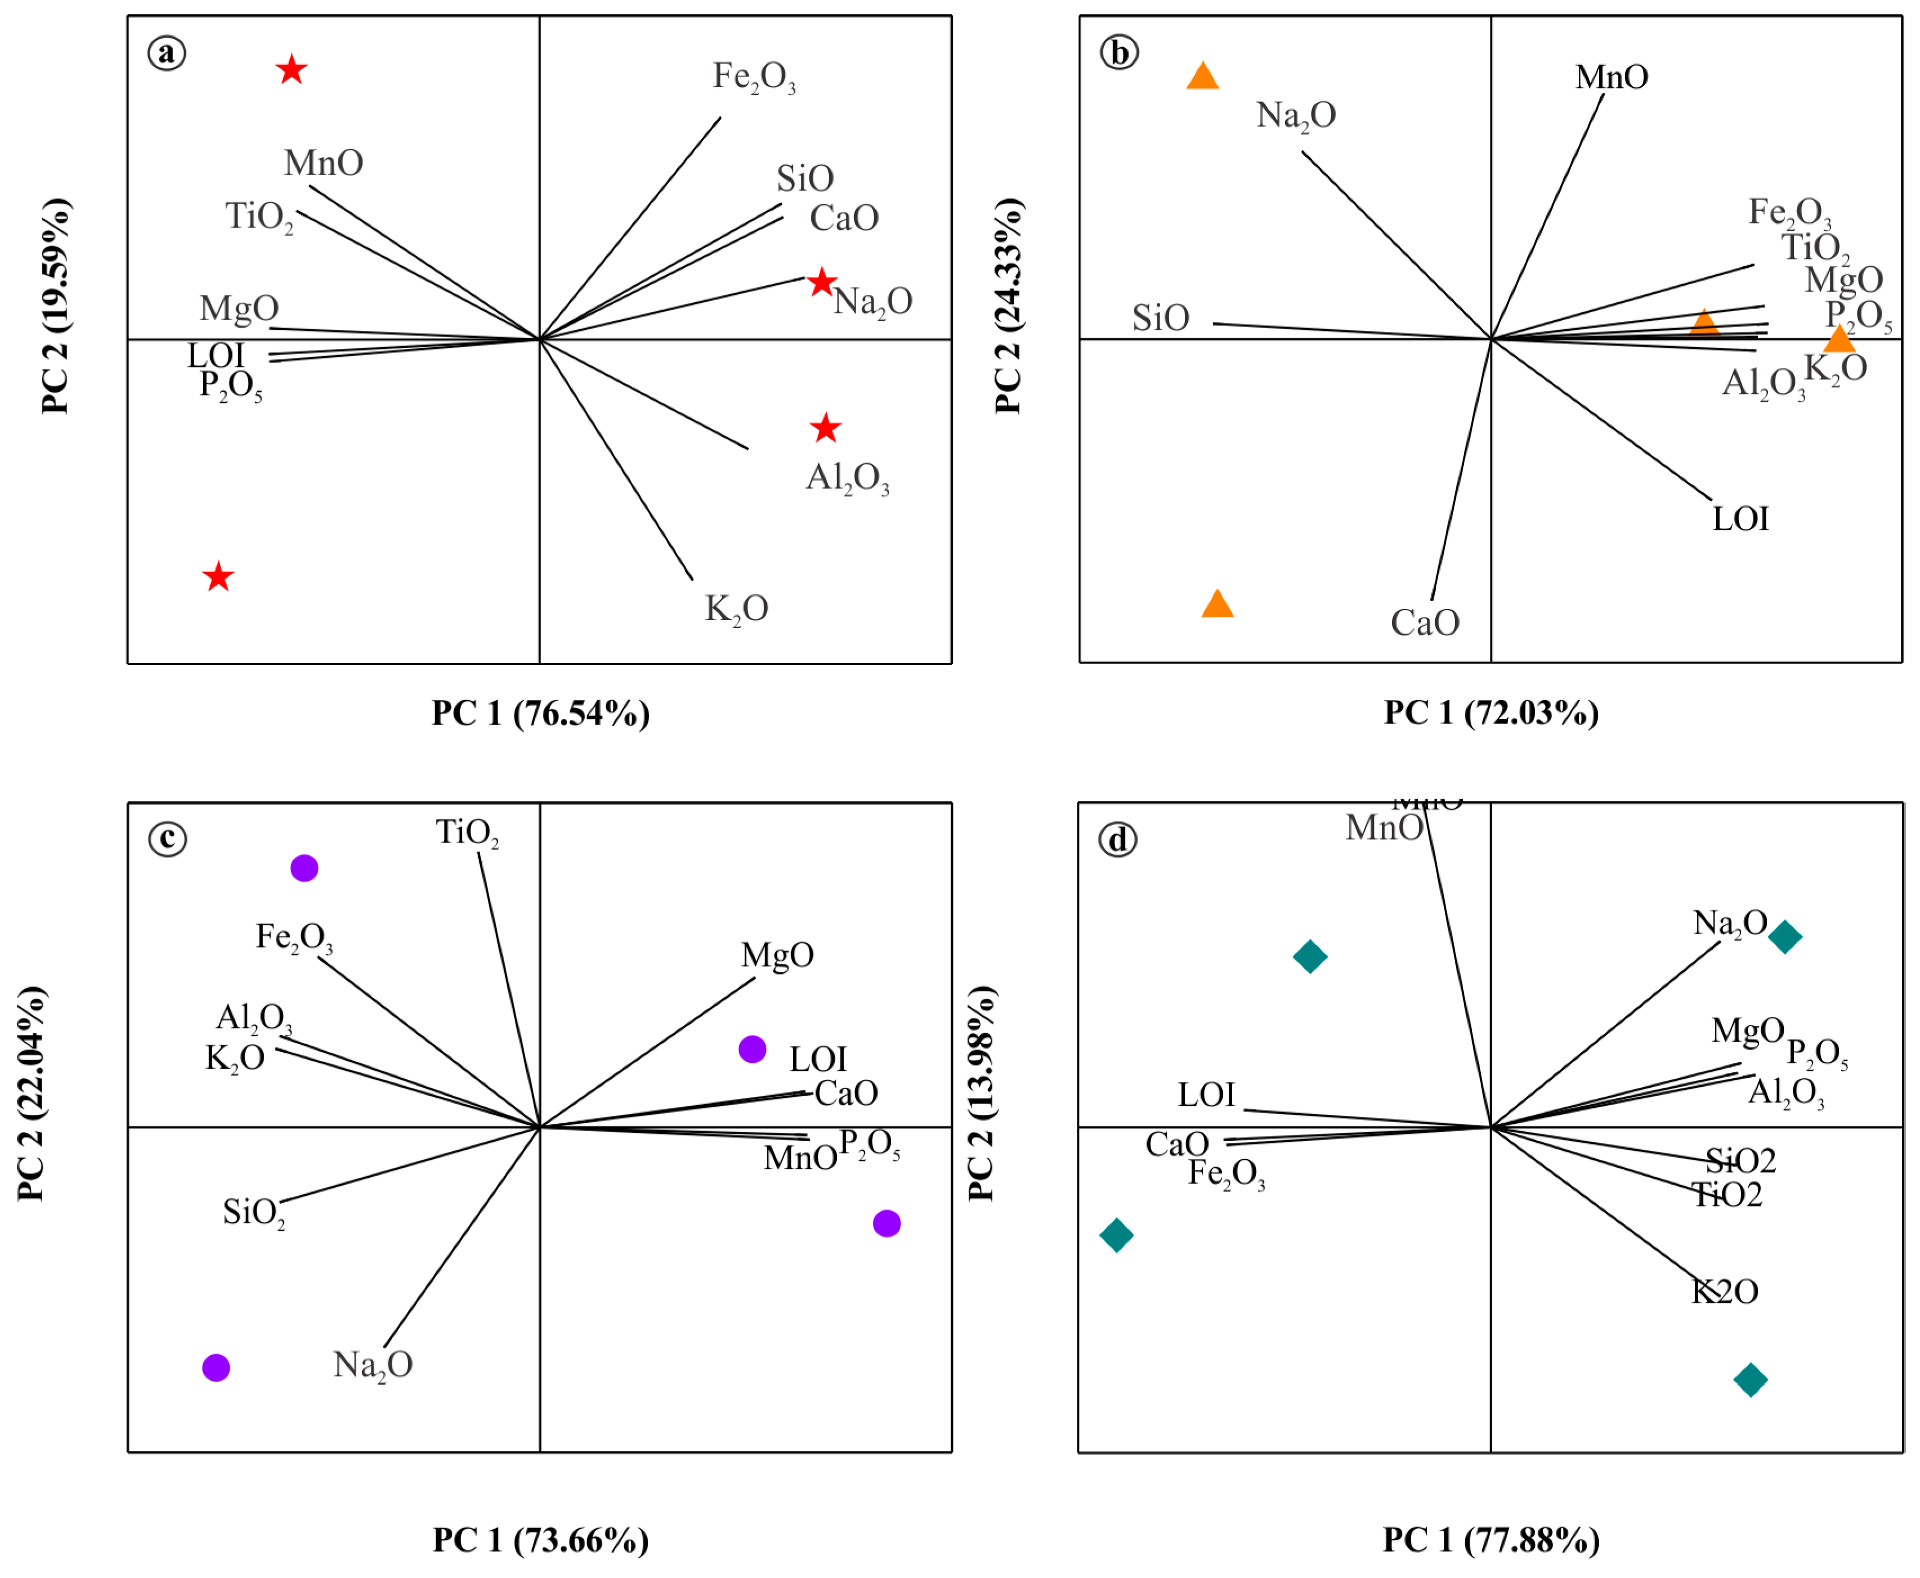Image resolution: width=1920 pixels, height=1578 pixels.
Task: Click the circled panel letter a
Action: pos(167,53)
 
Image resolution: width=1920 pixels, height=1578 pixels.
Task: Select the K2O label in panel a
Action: pos(736,609)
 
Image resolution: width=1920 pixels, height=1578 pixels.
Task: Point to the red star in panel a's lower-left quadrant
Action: pos(218,576)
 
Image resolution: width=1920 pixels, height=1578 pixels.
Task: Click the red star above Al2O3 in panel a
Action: pos(825,428)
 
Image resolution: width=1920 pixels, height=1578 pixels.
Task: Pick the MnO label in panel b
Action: pos(1611,77)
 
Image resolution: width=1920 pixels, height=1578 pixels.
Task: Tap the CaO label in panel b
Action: pos(1425,622)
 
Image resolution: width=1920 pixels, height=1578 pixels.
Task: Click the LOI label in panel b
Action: pos(1740,519)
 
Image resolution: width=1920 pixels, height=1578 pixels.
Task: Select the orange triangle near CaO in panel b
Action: pos(1218,603)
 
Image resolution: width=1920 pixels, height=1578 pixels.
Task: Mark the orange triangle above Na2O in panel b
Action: pos(1203,77)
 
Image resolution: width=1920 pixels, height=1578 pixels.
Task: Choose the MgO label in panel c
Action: pos(777,954)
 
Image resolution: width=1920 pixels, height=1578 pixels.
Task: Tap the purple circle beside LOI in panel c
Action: pos(752,1049)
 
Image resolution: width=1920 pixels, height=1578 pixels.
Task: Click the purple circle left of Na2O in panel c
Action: pos(216,1367)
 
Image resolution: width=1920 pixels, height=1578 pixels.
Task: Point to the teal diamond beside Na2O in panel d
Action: pos(1784,936)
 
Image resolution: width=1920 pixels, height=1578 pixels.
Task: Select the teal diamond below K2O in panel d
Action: pos(1750,1380)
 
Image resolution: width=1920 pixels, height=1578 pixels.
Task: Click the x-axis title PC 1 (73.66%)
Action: pos(540,1540)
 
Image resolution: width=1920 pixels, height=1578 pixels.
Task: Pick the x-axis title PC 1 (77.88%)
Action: pos(1491,1540)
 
